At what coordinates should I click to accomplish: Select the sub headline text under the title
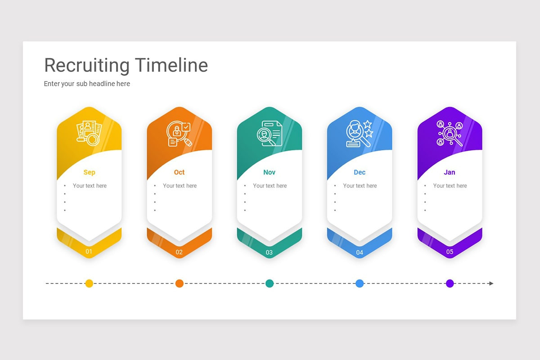click(x=87, y=84)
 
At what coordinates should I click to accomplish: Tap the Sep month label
click(x=89, y=172)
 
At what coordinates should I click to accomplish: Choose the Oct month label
click(x=179, y=172)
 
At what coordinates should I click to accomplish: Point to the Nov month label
click(x=269, y=172)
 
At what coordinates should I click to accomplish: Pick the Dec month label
click(x=360, y=172)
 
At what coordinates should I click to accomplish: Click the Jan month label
click(x=450, y=172)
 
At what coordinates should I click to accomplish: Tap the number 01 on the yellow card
click(x=89, y=252)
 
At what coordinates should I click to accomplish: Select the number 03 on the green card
click(x=269, y=252)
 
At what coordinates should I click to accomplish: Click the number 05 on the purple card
click(x=450, y=252)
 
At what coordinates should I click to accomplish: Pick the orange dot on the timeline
click(x=179, y=283)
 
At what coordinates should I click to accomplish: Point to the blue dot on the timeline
click(x=360, y=283)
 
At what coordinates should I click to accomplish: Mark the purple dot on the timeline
click(x=450, y=283)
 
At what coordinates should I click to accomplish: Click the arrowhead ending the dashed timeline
click(x=491, y=283)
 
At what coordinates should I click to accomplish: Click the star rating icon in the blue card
click(x=360, y=133)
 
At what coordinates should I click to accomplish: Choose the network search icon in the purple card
click(x=450, y=133)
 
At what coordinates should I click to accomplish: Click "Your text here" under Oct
click(x=180, y=186)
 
